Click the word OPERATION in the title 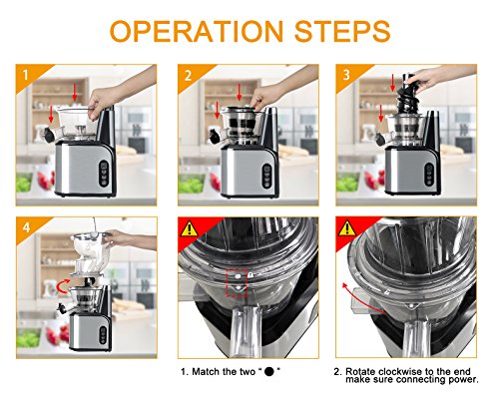[x=197, y=32]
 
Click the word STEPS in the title [x=342, y=32]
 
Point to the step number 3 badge [x=346, y=75]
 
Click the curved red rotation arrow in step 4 [x=64, y=286]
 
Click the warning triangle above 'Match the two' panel [x=189, y=229]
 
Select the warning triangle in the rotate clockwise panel [x=346, y=228]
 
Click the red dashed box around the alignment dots [x=237, y=282]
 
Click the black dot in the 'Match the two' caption [x=268, y=371]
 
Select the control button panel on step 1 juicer [x=104, y=173]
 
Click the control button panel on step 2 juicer [x=266, y=176]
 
